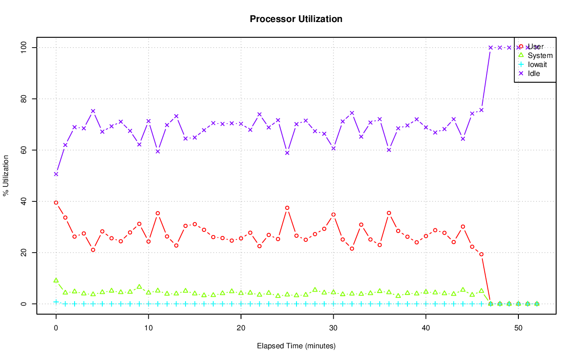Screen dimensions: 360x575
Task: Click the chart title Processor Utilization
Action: (x=296, y=19)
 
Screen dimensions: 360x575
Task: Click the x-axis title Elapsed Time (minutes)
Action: (x=296, y=346)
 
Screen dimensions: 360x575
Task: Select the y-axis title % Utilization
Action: (x=6, y=176)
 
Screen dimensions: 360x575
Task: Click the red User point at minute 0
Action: (x=56, y=203)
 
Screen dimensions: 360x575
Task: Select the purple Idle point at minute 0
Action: (x=56, y=174)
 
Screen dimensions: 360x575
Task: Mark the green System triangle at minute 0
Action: (x=56, y=280)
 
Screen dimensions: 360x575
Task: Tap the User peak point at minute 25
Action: (x=287, y=208)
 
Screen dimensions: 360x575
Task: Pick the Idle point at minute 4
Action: (x=93, y=111)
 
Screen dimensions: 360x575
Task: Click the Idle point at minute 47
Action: (x=491, y=47)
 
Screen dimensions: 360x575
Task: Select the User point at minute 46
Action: (x=481, y=254)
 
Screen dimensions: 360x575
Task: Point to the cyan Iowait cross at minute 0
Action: (x=56, y=302)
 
